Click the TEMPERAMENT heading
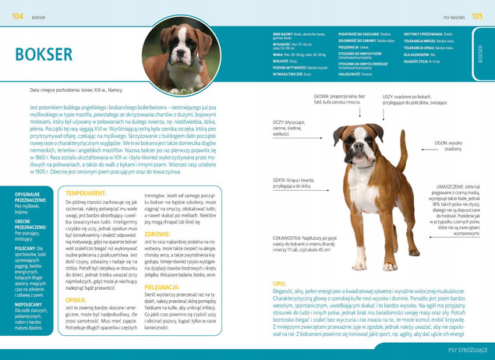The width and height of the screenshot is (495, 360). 87,192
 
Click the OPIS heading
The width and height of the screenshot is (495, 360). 278,284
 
